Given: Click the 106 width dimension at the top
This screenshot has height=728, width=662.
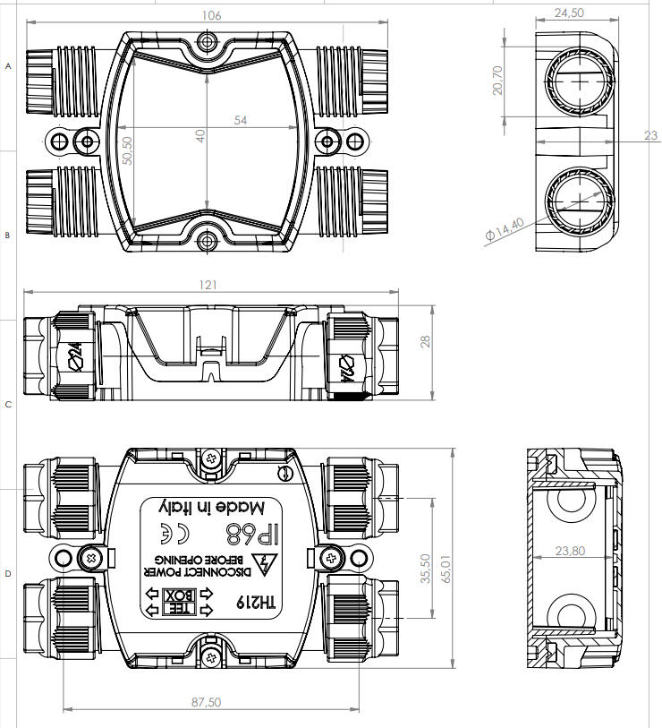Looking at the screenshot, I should [212, 15].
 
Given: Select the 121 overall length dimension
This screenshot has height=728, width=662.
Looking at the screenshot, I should [208, 285].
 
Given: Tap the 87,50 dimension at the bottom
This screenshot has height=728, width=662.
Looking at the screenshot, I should [208, 702].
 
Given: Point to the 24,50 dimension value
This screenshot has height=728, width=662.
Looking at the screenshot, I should [569, 13].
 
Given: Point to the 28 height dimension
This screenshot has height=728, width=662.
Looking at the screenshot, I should [426, 342].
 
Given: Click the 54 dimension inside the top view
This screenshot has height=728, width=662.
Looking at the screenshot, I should [241, 119].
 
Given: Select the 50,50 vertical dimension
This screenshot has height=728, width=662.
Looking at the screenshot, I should [127, 150].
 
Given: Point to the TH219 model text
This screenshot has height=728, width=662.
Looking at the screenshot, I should [260, 604].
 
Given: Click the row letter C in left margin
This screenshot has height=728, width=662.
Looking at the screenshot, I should [9, 405].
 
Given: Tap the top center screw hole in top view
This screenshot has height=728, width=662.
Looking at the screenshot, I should [208, 42].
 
